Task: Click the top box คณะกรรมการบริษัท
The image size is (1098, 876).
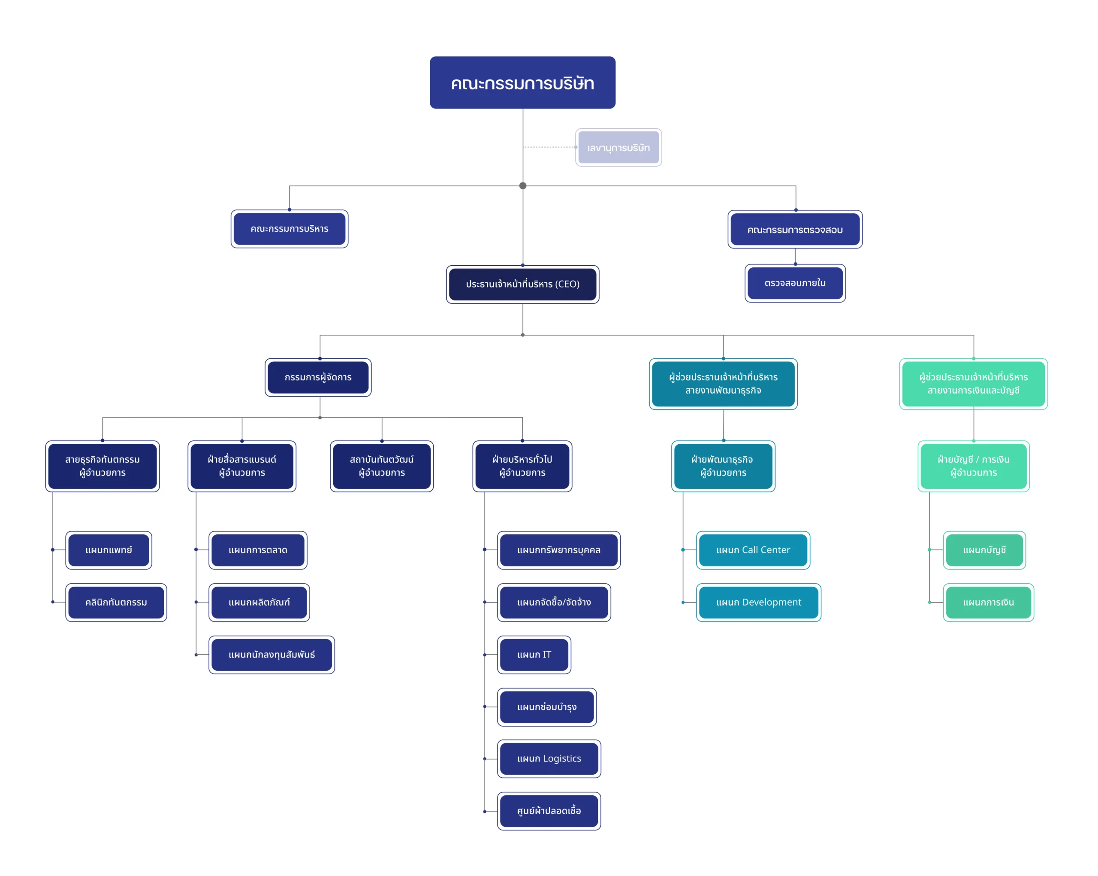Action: (x=522, y=82)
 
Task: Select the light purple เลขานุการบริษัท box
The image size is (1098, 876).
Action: (x=618, y=147)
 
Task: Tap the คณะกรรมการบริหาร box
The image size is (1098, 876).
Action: (x=289, y=229)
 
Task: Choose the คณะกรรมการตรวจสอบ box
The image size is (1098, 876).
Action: (x=795, y=229)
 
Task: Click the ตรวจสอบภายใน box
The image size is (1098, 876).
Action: (x=795, y=283)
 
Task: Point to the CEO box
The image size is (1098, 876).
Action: (x=522, y=284)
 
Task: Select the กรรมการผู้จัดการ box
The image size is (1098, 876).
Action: (x=318, y=377)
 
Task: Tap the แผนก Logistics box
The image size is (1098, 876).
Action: (x=549, y=758)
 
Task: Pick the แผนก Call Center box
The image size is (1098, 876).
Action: (x=753, y=550)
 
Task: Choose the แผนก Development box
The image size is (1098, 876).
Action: (x=758, y=602)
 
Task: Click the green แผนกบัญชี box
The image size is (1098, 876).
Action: (x=984, y=550)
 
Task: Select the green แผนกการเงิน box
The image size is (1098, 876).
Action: (x=988, y=602)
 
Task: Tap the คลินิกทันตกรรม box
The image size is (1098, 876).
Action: (x=116, y=602)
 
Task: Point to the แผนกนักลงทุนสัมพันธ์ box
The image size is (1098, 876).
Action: (x=271, y=655)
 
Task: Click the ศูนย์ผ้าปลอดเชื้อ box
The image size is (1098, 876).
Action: (x=549, y=811)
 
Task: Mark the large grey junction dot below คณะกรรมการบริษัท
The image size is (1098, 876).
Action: (x=522, y=185)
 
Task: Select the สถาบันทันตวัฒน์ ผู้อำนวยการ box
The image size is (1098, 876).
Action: (x=381, y=466)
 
